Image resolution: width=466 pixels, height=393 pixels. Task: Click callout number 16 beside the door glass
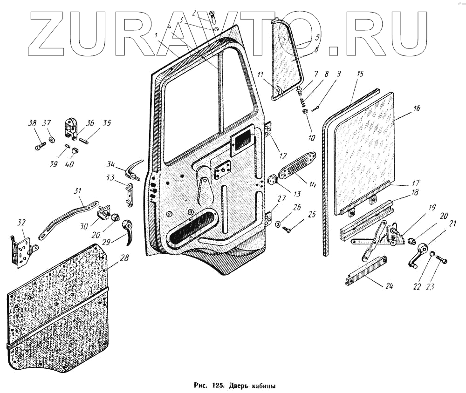[x=416, y=108]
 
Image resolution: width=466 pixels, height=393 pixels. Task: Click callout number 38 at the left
[x=32, y=123]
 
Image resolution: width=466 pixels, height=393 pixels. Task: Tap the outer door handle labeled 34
[x=127, y=170]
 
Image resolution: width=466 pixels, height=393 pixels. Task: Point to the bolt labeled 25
[x=287, y=229]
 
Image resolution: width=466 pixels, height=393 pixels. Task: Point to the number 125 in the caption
[x=217, y=386]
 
